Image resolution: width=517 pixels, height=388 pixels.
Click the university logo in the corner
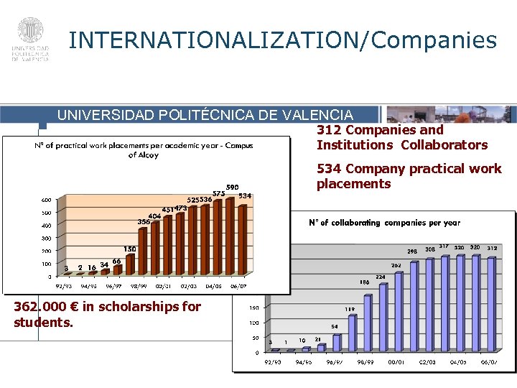click(30, 39)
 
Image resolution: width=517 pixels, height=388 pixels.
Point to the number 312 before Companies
click(329, 130)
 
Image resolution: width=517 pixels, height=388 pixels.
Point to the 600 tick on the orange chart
click(45, 200)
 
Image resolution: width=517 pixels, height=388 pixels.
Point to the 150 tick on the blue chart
click(254, 308)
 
